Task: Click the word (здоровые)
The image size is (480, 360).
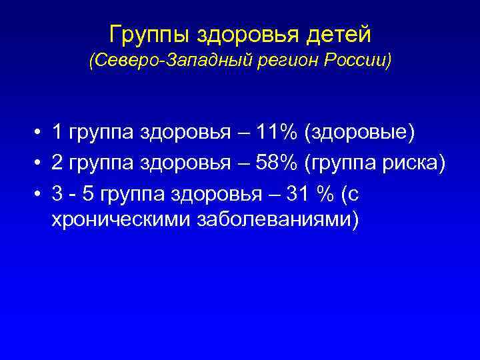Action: coord(359,134)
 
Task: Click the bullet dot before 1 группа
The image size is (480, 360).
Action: coord(41,134)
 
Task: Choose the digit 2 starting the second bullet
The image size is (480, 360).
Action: coord(58,163)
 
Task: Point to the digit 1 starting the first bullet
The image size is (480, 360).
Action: coord(58,133)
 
